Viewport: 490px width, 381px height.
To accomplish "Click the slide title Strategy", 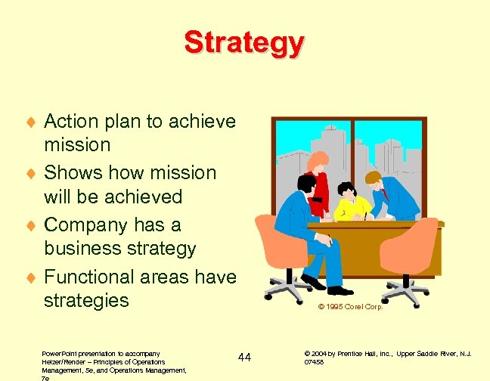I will (x=244, y=42).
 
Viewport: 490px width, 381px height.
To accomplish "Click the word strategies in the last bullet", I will (x=86, y=300).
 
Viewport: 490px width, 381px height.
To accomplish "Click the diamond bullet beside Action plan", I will (x=30, y=122).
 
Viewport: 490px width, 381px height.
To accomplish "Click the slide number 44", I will (x=244, y=357).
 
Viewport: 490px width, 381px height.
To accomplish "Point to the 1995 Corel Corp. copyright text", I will (x=350, y=307).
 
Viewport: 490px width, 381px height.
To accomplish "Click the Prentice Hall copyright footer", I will (x=387, y=357).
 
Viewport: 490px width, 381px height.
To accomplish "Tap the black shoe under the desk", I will (x=340, y=290).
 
